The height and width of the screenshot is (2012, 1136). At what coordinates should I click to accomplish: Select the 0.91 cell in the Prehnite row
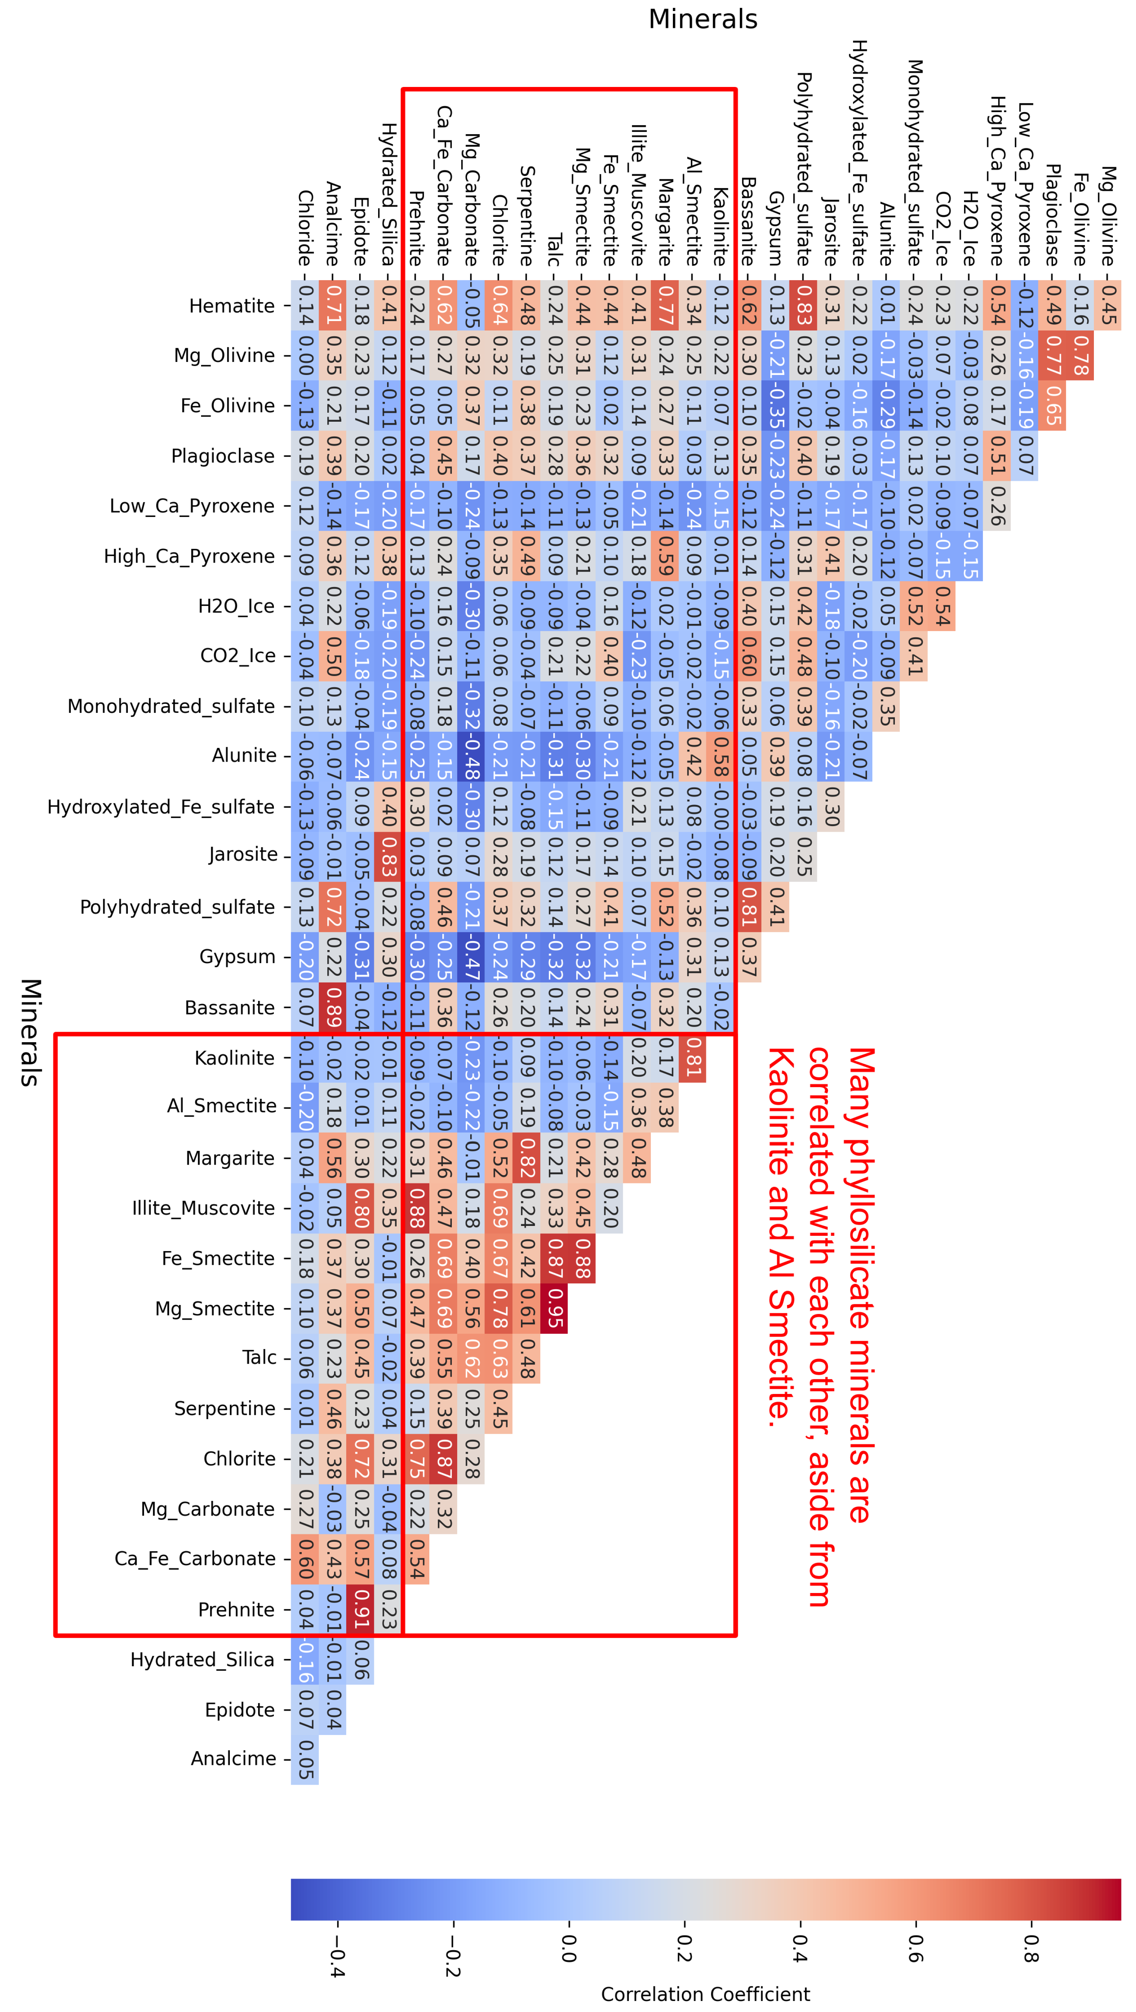360,1609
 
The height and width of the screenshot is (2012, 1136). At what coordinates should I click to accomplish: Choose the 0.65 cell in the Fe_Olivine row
1052,405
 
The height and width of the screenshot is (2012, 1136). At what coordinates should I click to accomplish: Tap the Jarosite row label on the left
243,855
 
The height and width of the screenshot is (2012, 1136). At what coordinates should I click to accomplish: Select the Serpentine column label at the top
526,215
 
